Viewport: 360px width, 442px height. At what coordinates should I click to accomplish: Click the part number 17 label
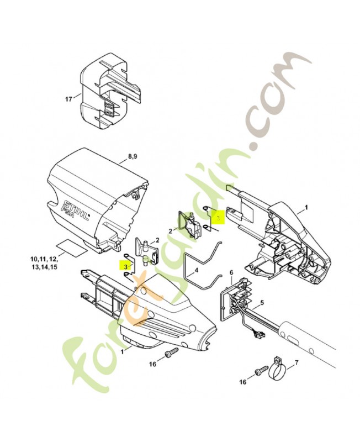pos(69,99)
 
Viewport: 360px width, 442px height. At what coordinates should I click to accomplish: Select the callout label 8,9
pos(133,157)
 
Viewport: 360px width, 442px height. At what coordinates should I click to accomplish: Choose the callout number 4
pos(196,271)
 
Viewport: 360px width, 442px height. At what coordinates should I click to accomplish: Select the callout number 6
pos(231,273)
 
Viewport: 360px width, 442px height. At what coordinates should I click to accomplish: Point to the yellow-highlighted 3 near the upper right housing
pos(218,218)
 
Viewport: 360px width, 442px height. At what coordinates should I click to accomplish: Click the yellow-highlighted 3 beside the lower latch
pos(126,266)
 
